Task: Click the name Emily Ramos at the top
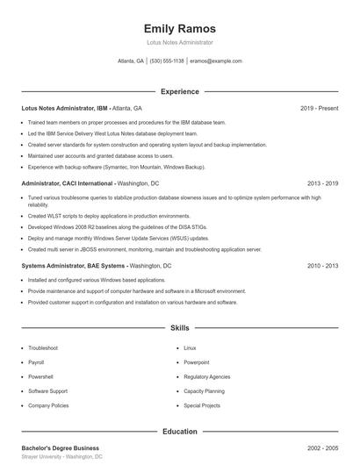pyautogui.click(x=179, y=29)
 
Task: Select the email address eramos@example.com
pyautogui.click(x=215, y=61)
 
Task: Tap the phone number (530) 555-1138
pyautogui.click(x=167, y=61)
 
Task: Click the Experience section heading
pyautogui.click(x=179, y=91)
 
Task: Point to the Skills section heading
pyautogui.click(x=179, y=328)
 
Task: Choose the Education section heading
pyautogui.click(x=179, y=432)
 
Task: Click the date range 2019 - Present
pyautogui.click(x=319, y=108)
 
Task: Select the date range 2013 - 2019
pyautogui.click(x=322, y=183)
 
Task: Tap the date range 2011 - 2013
pyautogui.click(x=322, y=265)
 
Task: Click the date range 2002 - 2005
pyautogui.click(x=322, y=448)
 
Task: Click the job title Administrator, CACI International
pyautogui.click(x=68, y=183)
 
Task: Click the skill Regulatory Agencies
pyautogui.click(x=207, y=376)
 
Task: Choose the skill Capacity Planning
pyautogui.click(x=205, y=391)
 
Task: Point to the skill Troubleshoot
pyautogui.click(x=43, y=347)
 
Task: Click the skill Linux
pyautogui.click(x=190, y=347)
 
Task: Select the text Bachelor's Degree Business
pyautogui.click(x=60, y=448)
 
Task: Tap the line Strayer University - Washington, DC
pyautogui.click(x=61, y=457)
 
